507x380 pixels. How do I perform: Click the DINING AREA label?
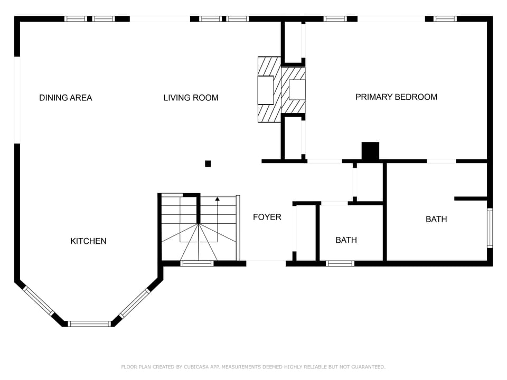65,98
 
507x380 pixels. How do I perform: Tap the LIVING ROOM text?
191,98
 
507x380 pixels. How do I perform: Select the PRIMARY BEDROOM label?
396,97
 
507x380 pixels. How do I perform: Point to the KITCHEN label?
88,241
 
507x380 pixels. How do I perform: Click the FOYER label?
267,217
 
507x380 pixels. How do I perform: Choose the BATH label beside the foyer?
346,240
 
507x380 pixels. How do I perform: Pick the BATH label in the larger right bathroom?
436,219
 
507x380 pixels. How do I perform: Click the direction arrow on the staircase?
217,199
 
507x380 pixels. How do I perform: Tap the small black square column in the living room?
208,164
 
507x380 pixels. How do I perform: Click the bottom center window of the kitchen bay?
89,324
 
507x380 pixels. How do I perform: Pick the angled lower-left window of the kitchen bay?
39,301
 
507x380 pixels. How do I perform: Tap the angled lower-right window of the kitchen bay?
135,303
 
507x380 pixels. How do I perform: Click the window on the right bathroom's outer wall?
490,228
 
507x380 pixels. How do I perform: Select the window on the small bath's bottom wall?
340,263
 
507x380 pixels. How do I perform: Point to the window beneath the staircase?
197,263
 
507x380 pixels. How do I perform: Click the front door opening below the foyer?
266,262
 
